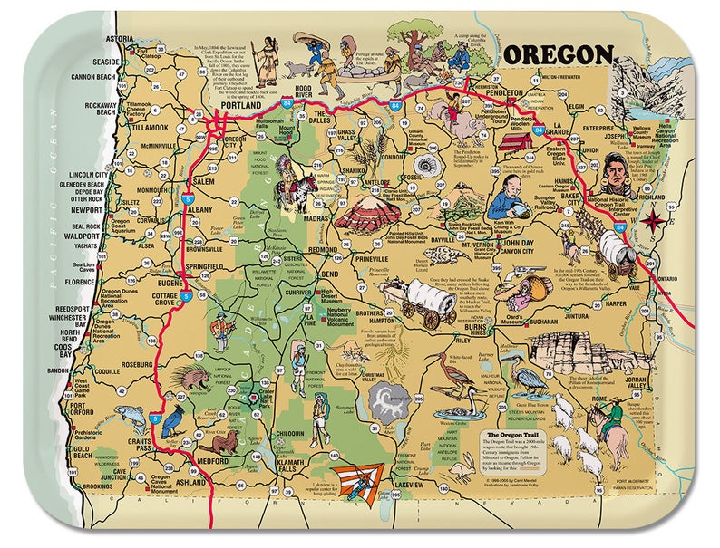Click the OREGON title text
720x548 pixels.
tap(556, 54)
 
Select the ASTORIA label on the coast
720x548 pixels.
tap(119, 40)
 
